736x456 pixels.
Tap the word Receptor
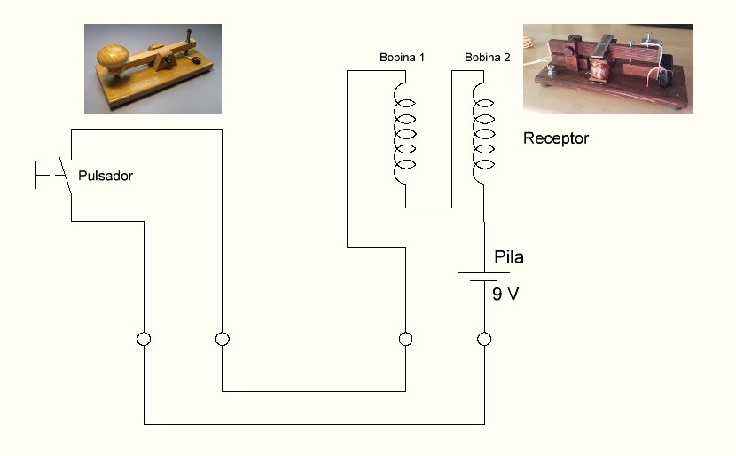tap(555, 138)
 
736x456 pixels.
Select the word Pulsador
tap(106, 176)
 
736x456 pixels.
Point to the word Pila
tap(508, 258)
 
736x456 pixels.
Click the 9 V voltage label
tap(505, 294)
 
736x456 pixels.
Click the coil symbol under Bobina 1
tap(403, 133)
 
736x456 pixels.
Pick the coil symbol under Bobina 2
tap(483, 133)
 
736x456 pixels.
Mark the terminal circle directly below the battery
tap(484, 339)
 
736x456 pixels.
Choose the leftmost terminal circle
tap(144, 339)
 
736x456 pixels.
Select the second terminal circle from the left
tap(223, 339)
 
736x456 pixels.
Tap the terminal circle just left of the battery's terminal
tap(405, 339)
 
